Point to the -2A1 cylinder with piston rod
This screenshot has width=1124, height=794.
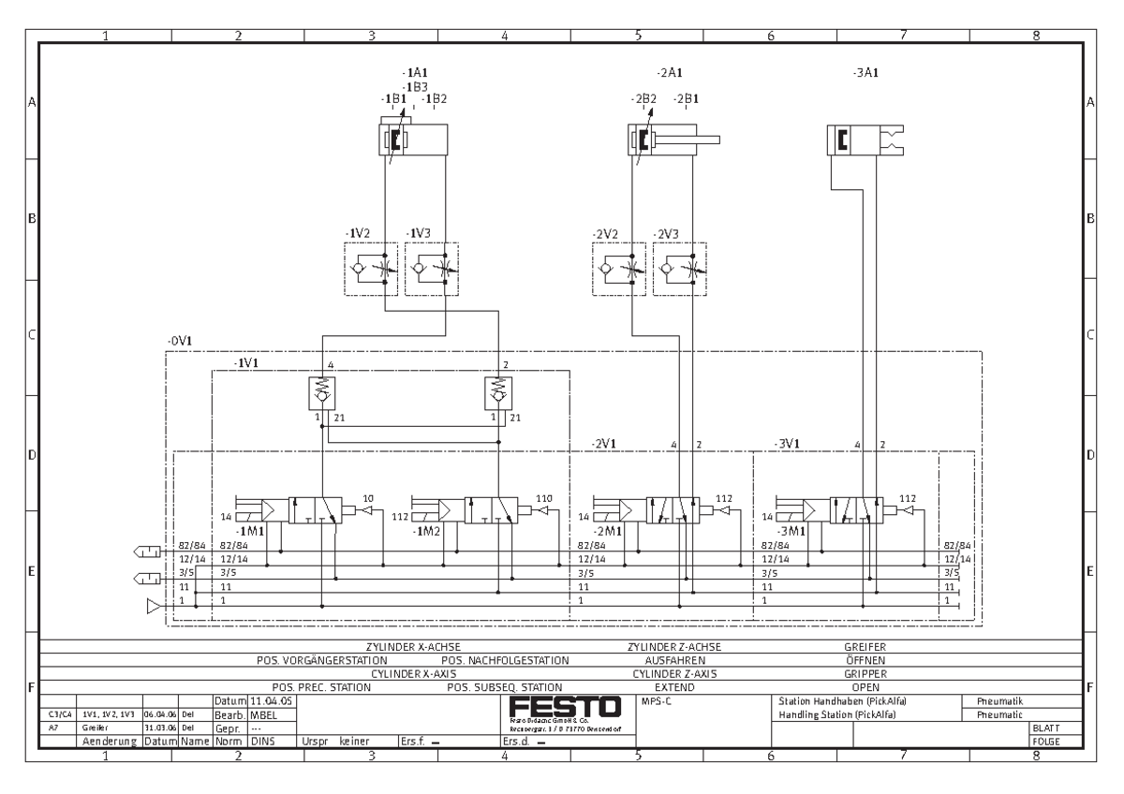pos(673,140)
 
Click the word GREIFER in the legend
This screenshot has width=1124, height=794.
pos(865,646)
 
